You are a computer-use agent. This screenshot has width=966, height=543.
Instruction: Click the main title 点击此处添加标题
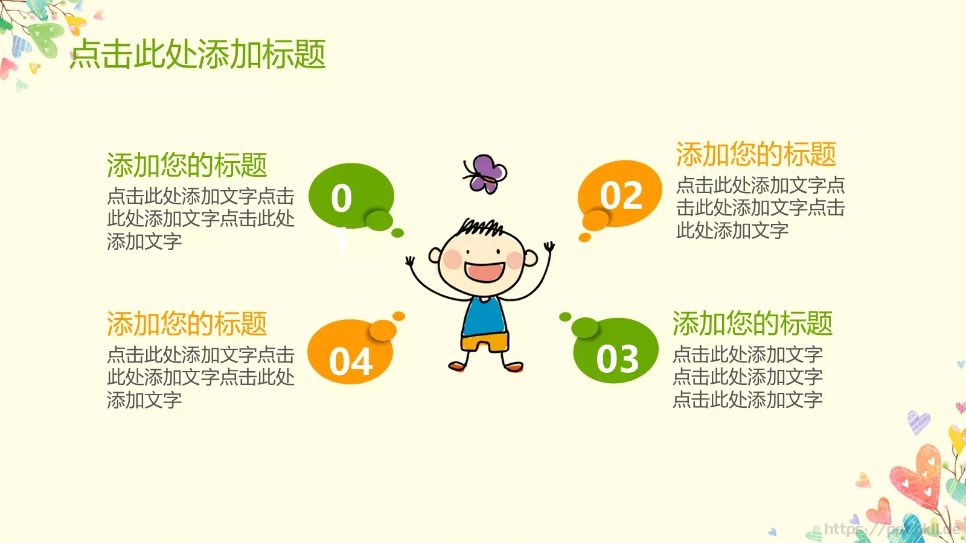(x=198, y=54)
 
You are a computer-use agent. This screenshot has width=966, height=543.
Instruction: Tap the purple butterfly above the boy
(x=485, y=173)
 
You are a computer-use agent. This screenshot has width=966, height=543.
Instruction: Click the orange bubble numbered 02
(x=621, y=194)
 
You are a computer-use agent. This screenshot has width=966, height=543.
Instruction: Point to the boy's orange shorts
(x=485, y=343)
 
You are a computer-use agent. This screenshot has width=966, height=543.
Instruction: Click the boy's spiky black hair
(x=481, y=227)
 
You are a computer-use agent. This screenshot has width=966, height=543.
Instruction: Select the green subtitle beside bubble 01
(x=187, y=165)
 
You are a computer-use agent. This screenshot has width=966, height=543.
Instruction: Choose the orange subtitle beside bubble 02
(x=756, y=154)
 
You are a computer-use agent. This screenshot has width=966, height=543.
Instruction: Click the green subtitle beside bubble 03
(x=752, y=323)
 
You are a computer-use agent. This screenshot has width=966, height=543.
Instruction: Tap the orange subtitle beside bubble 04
(x=187, y=324)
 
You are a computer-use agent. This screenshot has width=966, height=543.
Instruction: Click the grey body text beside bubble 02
(x=760, y=208)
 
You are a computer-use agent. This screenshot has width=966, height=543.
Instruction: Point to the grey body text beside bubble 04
(x=200, y=377)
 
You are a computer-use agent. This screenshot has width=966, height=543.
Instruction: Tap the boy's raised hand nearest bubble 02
(x=549, y=247)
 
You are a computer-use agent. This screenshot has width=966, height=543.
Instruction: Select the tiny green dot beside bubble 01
(x=397, y=233)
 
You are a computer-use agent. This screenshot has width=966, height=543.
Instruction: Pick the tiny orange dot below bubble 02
(x=584, y=238)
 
